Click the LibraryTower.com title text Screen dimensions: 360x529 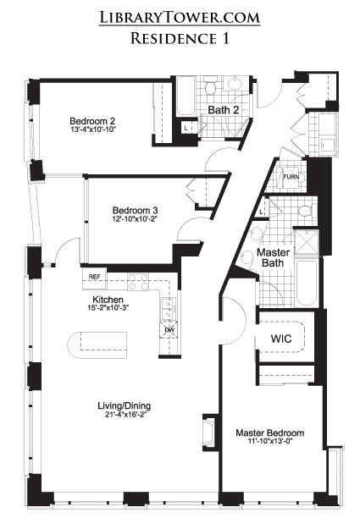click(180, 18)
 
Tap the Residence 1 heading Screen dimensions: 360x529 click(180, 38)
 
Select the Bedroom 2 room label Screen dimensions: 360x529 click(92, 121)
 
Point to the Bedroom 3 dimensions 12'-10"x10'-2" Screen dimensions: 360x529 click(135, 218)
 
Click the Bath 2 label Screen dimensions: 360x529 click(224, 110)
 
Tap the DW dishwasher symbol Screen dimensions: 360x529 click(169, 329)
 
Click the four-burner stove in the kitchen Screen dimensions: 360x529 click(138, 282)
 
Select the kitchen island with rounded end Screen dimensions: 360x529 click(97, 346)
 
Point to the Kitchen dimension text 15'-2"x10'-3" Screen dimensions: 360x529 click(108, 308)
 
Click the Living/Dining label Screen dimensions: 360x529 click(125, 405)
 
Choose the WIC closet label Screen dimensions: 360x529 click(281, 339)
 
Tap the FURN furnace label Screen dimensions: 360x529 click(291, 176)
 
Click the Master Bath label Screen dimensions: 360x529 click(273, 257)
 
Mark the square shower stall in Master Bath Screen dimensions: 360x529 click(307, 242)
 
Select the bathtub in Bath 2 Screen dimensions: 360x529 click(186, 96)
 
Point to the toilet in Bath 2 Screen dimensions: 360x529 click(210, 86)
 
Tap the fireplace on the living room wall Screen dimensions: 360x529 click(210, 433)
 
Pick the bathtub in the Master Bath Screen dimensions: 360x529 click(306, 282)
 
